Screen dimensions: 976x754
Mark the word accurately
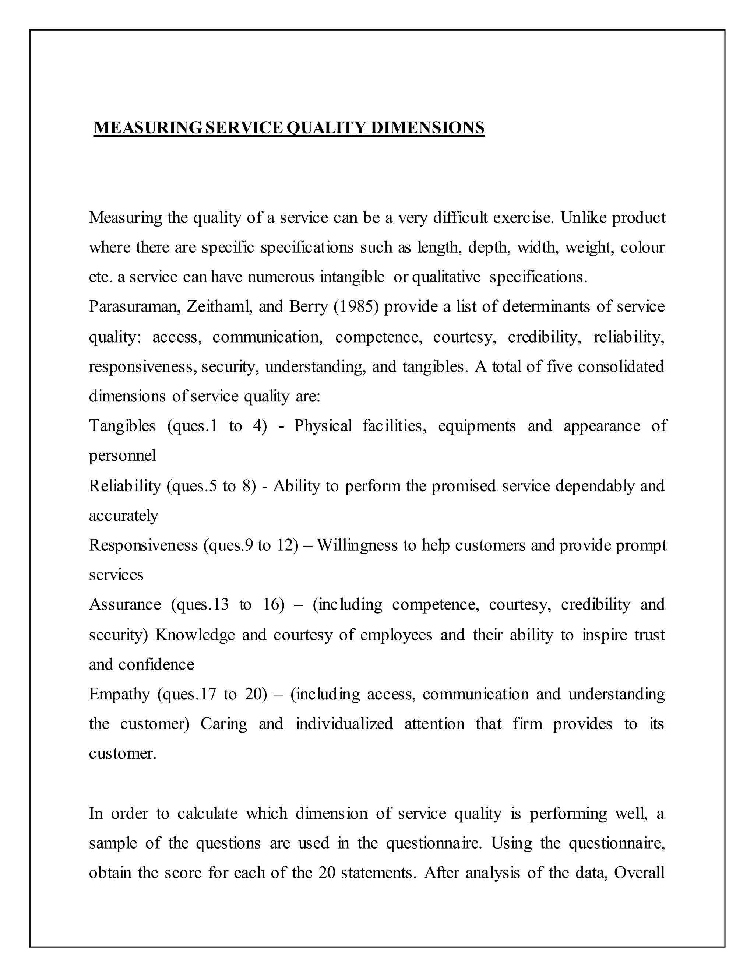coord(124,516)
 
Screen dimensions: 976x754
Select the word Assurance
coord(125,605)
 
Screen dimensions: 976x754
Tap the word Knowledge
coord(195,635)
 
